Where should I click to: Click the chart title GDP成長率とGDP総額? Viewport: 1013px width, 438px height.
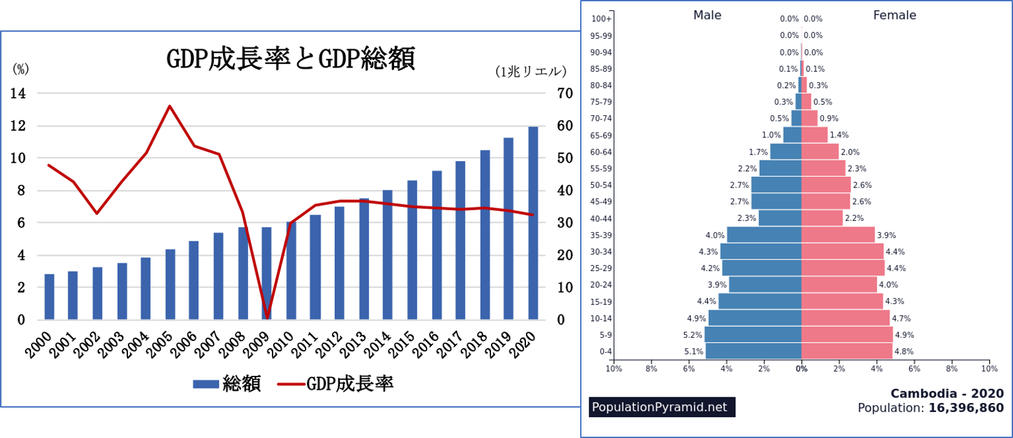(290, 59)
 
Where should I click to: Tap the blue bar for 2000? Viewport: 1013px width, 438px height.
(49, 297)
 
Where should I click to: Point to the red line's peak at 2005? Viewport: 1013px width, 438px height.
(169, 106)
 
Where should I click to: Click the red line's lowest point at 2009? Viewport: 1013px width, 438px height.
(267, 317)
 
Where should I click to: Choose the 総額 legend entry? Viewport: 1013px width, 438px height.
(227, 384)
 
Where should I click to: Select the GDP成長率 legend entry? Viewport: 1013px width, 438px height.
(336, 384)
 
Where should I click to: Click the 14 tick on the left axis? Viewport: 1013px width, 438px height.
(18, 93)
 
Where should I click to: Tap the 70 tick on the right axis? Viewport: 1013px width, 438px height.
(565, 93)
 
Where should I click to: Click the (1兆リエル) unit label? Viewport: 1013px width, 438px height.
(530, 72)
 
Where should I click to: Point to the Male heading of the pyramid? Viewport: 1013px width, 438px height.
(707, 15)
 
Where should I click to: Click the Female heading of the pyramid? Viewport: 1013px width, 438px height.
(894, 15)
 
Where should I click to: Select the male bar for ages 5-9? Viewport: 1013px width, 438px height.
(753, 334)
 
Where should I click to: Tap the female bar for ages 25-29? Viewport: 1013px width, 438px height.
(842, 268)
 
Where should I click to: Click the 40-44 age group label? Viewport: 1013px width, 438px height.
(601, 219)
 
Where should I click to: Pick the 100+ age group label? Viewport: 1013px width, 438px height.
(601, 19)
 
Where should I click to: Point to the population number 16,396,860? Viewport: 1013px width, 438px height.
(966, 408)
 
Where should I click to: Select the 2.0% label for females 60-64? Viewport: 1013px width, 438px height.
(850, 152)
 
